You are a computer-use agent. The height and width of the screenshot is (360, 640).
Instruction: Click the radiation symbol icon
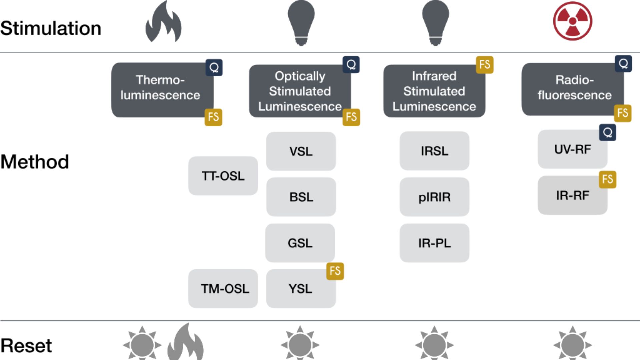click(572, 21)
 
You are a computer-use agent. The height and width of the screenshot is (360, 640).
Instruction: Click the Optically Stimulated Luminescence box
click(300, 91)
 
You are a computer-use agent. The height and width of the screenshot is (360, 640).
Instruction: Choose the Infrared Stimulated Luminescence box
click(434, 91)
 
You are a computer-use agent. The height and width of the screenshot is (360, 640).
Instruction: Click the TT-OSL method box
click(223, 176)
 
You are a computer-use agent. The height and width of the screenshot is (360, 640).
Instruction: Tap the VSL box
click(301, 151)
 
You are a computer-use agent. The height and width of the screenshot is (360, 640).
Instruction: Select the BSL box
click(301, 197)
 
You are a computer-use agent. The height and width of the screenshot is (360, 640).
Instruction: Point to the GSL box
click(300, 243)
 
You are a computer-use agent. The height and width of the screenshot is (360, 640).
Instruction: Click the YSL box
click(301, 289)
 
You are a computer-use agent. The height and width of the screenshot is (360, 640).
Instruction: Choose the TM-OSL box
click(223, 289)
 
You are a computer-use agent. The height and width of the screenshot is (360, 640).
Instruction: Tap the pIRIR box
click(434, 197)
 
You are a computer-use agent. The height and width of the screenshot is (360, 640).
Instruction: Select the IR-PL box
click(434, 243)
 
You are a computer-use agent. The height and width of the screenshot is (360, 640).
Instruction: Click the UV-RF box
click(572, 149)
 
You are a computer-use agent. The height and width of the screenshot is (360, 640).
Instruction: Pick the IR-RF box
click(572, 195)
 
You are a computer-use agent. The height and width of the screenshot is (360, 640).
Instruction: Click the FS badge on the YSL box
click(335, 271)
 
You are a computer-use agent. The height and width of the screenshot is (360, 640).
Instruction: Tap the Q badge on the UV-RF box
click(607, 133)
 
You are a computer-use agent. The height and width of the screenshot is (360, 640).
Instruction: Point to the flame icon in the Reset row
click(186, 343)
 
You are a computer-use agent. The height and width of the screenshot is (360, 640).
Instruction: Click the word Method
click(35, 162)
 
